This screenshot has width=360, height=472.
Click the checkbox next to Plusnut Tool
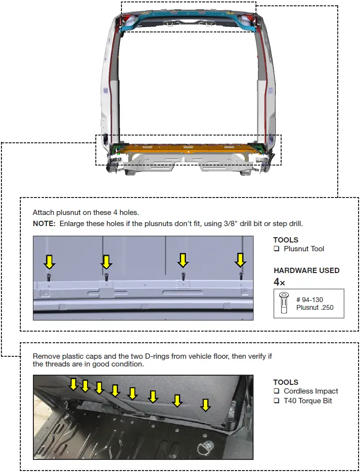277,249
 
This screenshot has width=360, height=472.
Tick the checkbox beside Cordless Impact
277,391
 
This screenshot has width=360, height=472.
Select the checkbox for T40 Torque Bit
277,400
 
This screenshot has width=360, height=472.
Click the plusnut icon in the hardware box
284,303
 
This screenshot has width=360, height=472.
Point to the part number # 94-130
310,300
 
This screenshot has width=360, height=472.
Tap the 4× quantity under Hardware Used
279,282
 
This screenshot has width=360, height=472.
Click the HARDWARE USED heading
306,271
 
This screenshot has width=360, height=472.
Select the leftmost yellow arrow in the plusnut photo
49,262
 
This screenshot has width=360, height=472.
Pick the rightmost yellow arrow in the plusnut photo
240,260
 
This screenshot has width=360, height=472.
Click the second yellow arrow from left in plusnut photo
106,262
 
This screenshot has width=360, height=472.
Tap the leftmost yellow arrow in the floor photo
73,384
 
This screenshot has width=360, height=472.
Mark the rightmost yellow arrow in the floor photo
206,405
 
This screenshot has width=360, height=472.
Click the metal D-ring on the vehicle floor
209,443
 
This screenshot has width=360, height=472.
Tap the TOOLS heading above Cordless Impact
285,382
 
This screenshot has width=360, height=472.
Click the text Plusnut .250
315,307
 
